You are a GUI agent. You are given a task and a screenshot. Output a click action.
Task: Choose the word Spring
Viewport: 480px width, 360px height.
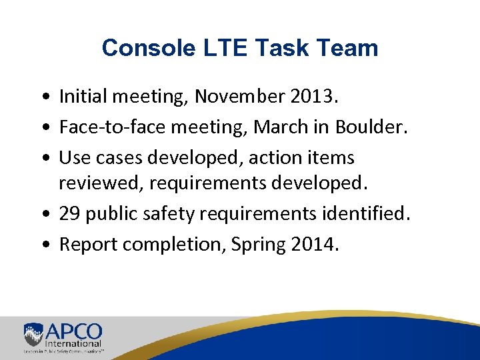(x=259, y=245)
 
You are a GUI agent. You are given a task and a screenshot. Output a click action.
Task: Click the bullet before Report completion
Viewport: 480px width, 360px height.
(x=43, y=245)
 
